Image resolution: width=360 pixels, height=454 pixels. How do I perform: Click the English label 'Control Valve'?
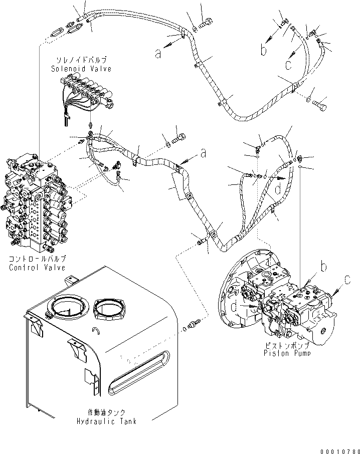pos(37,267)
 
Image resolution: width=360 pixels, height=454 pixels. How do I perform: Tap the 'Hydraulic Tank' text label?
pos(107,421)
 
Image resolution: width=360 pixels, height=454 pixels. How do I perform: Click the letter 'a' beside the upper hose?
pos(158,53)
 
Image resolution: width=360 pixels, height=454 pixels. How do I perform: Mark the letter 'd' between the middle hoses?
pos(277,189)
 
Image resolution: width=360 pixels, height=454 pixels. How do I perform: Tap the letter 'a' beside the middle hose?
pos(203,153)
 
